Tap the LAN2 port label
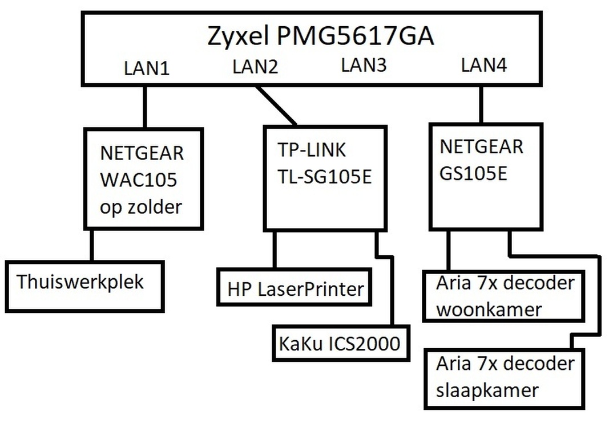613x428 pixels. tap(255, 67)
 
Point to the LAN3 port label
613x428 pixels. tap(364, 66)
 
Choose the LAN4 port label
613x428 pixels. tap(484, 66)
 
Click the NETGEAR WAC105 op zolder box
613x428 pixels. tap(143, 179)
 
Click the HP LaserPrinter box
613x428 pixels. tap(295, 288)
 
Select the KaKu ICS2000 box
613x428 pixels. tap(341, 343)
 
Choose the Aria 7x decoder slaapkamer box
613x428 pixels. tap(505, 377)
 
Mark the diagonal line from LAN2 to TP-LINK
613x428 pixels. tap(276, 105)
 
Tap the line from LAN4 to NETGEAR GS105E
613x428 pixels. tap(481, 104)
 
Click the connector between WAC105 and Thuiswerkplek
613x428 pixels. tap(91, 246)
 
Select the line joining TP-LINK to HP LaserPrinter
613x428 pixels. tap(275, 250)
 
